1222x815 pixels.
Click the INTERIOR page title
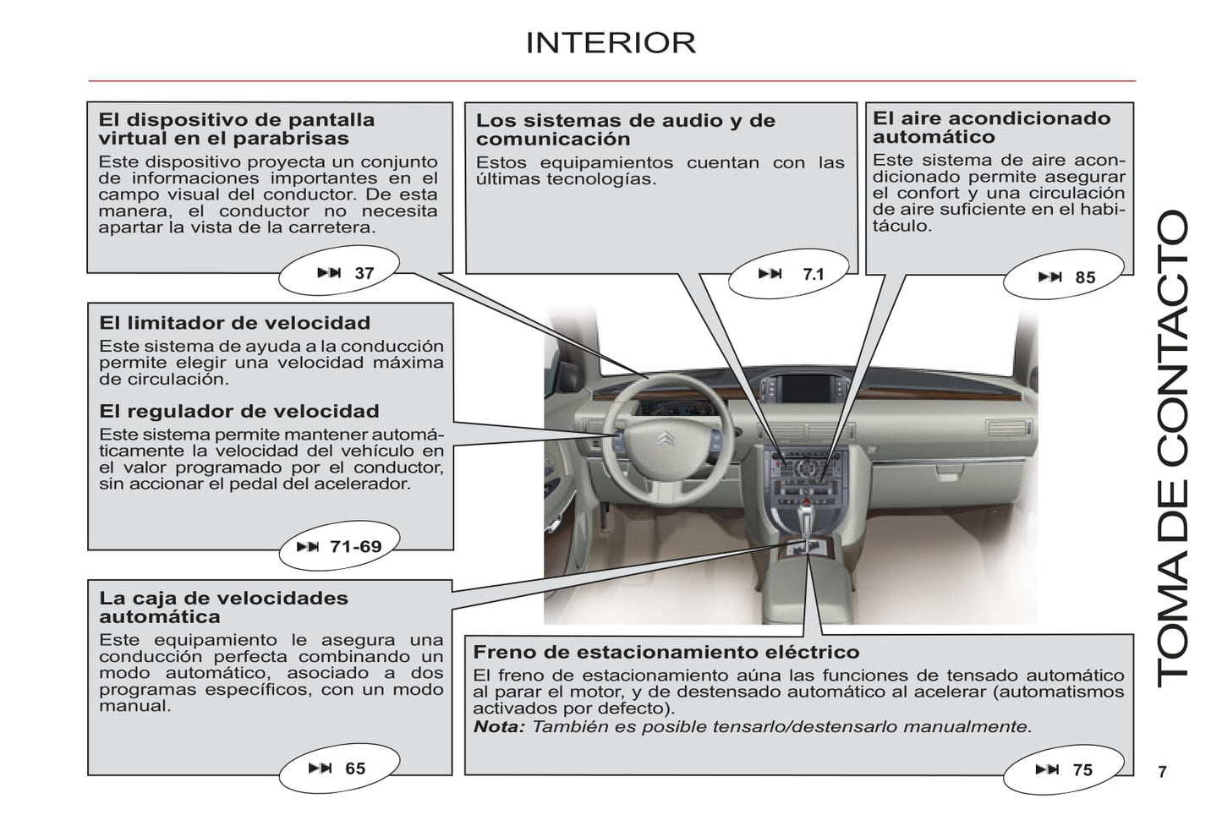point(611,42)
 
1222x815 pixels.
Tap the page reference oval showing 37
point(339,271)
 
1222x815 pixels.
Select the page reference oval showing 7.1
point(788,273)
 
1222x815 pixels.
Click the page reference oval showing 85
point(1063,275)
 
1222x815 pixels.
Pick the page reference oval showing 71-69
point(339,545)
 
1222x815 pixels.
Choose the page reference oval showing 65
point(339,769)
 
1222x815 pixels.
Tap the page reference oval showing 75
point(1063,769)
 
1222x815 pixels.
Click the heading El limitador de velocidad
point(234,323)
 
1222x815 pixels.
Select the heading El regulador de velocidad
point(239,411)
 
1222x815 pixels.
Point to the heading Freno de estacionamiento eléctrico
point(666,652)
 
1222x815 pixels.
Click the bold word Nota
point(499,726)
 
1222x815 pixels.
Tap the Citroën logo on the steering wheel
point(666,437)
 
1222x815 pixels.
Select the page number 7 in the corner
point(1163,772)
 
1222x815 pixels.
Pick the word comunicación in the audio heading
point(553,139)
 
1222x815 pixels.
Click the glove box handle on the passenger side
point(948,474)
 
